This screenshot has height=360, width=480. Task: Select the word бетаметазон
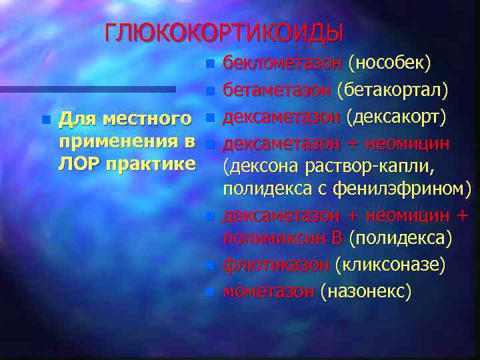277,89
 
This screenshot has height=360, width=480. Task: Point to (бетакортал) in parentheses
393,89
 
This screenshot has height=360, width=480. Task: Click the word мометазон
269,291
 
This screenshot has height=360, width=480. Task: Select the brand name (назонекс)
365,291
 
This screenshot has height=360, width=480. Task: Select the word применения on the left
119,141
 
